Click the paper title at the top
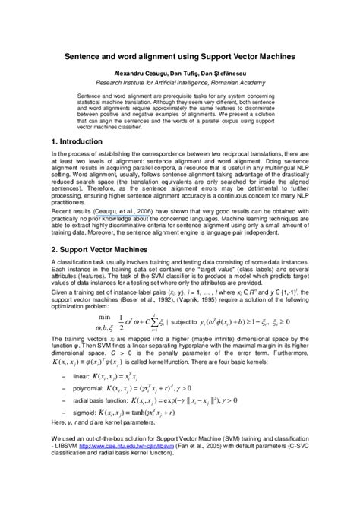click(x=179, y=57)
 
